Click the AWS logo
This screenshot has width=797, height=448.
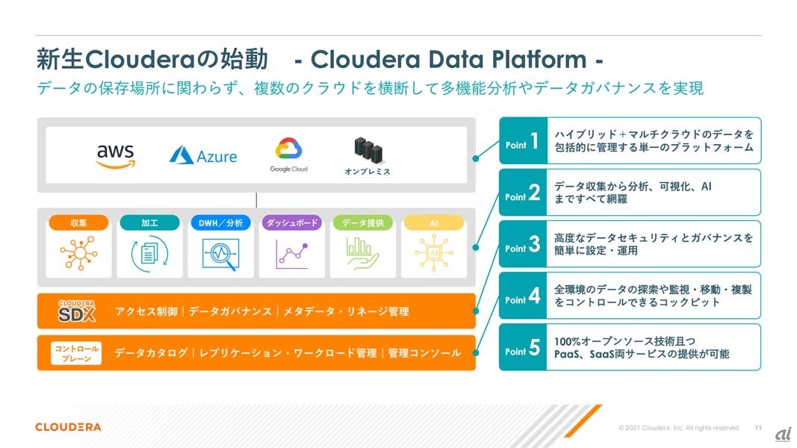[x=115, y=155]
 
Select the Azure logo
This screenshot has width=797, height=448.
[x=202, y=155]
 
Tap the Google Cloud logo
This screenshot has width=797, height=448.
[x=288, y=155]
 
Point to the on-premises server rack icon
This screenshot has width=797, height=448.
[x=367, y=152]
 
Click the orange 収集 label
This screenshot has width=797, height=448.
[x=78, y=223]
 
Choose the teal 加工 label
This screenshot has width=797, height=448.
[x=149, y=223]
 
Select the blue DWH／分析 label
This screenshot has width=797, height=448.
[x=220, y=223]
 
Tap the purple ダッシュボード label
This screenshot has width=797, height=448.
[x=291, y=223]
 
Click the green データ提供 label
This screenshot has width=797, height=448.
[x=362, y=223]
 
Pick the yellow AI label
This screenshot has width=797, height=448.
[x=433, y=223]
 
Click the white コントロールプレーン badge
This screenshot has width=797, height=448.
[x=76, y=353]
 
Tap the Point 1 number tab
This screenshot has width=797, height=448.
[x=523, y=141]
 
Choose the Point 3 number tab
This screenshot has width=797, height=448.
[x=523, y=244]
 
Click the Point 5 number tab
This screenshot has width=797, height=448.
[x=523, y=347]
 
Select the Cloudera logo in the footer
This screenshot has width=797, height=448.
[x=68, y=427]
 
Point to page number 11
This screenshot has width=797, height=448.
[x=758, y=428]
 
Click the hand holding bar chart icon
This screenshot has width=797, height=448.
[x=362, y=254]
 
